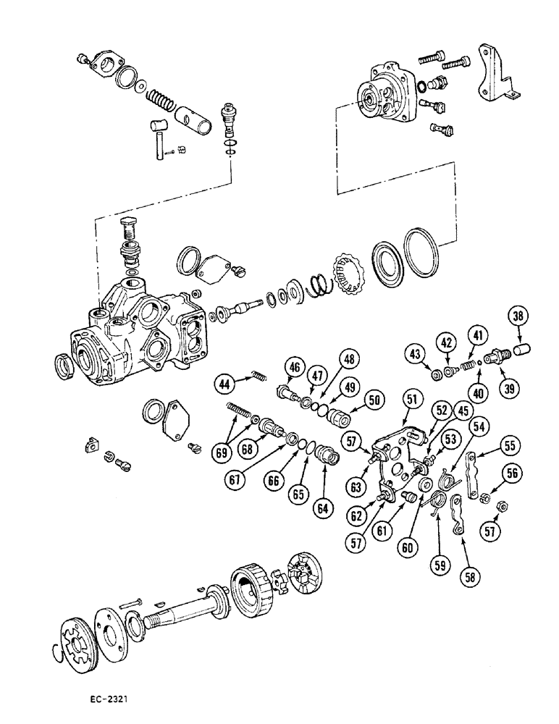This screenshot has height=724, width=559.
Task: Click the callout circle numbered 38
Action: [x=518, y=316]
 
